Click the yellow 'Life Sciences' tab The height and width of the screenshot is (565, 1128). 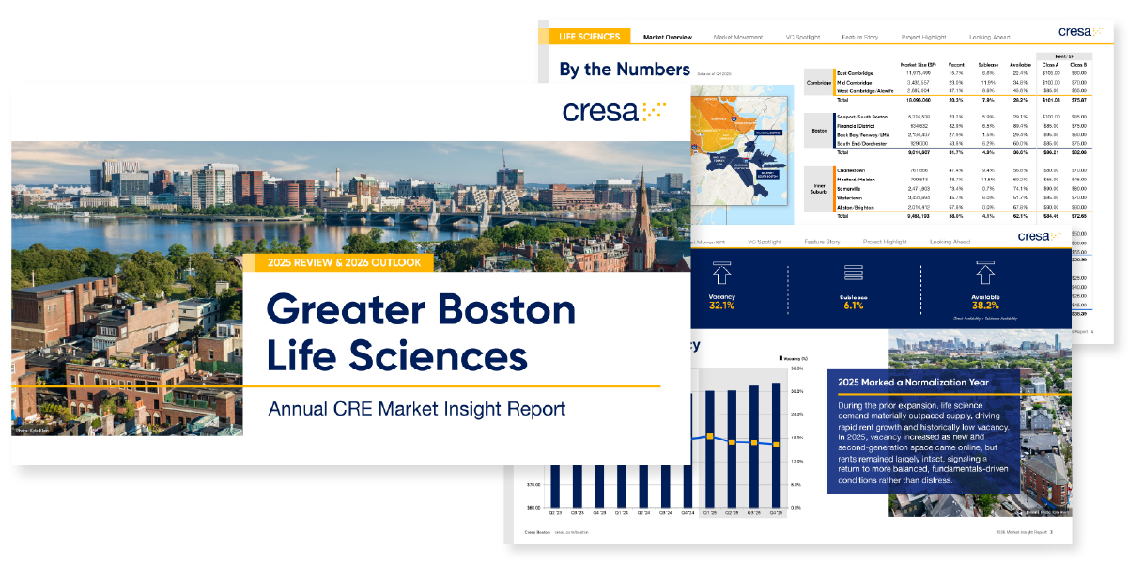(589, 37)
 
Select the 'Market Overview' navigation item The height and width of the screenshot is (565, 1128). (667, 38)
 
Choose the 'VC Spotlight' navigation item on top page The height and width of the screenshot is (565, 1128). (802, 38)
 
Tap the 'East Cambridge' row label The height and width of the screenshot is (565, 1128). (855, 73)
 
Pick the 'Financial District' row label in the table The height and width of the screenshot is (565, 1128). (858, 123)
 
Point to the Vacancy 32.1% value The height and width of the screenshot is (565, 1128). (721, 306)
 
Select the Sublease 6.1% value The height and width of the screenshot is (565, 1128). (853, 306)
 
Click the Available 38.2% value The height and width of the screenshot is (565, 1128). (984, 306)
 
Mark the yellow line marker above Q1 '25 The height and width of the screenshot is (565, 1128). (711, 437)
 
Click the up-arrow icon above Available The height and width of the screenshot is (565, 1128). (984, 274)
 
